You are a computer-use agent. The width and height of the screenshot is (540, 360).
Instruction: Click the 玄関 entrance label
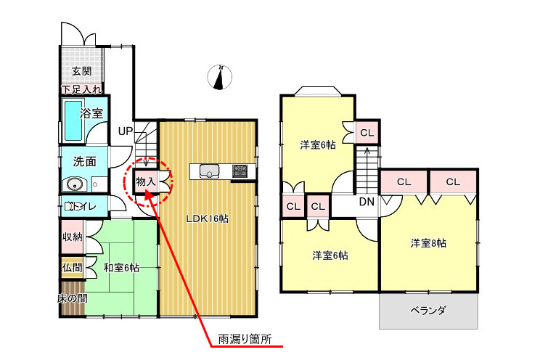pos(81,71)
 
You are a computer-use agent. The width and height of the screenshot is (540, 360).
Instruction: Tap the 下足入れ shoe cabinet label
pos(81,90)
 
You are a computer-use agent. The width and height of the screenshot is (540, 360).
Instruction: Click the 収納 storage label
pos(72,237)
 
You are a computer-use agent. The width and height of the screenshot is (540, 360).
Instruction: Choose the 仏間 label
pos(72,268)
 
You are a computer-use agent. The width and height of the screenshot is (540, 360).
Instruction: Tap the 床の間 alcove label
pos(72,298)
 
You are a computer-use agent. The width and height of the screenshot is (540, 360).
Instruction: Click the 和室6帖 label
pos(121,268)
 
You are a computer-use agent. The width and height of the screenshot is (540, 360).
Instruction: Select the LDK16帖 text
pos(207,218)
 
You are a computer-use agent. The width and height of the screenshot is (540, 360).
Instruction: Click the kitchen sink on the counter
pos(209,171)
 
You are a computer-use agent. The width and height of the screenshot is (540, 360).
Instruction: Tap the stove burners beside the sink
pos(240,171)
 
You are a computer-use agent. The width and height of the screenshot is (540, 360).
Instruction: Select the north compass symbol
pos(220,77)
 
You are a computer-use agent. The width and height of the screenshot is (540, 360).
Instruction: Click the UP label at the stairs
pos(126,131)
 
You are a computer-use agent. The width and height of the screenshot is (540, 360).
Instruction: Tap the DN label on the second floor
pos(367,202)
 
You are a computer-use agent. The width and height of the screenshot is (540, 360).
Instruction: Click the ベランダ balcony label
pos(427,311)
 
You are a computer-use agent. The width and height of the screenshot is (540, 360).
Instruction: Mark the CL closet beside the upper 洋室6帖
pos(367,132)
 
